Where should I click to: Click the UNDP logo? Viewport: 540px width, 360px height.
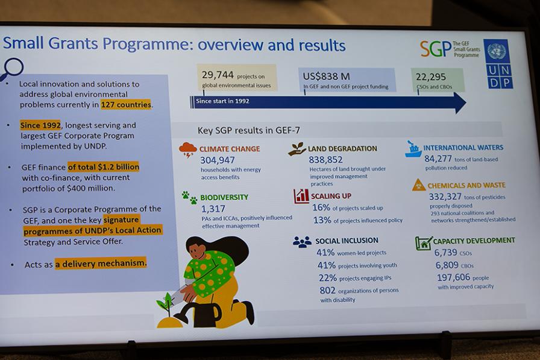498,64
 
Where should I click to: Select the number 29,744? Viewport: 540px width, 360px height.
218,75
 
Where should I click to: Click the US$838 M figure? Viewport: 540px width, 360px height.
326,76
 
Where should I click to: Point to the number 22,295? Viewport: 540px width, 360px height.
430,77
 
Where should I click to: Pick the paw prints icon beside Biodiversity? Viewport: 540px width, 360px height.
190,197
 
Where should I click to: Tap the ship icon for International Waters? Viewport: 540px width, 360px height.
413,149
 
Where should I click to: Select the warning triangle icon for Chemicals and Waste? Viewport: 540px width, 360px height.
419,185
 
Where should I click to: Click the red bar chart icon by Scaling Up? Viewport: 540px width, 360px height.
301,196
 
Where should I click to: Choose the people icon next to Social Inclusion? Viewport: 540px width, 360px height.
302,242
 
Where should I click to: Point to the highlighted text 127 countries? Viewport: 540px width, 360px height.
126,104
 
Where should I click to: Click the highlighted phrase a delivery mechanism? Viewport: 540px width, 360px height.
101,264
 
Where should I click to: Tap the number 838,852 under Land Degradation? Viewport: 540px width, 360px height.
325,160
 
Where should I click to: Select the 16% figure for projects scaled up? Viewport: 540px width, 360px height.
321,207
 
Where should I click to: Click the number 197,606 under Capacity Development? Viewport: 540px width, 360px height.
453,277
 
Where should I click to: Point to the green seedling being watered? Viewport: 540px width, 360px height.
166,305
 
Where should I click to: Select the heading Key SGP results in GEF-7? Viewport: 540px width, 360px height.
249,131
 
